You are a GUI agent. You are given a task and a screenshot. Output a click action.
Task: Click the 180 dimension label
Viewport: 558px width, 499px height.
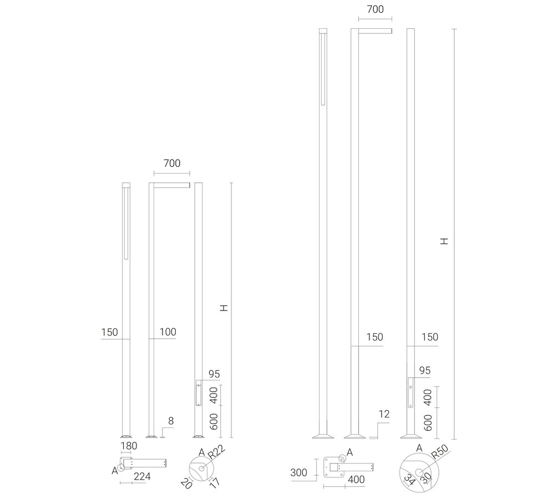pyautogui.click(x=129, y=446)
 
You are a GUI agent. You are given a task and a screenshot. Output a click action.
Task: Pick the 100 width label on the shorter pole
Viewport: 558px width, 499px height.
pyautogui.click(x=168, y=332)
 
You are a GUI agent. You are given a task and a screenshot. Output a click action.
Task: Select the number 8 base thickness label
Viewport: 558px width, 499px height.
pyautogui.click(x=171, y=421)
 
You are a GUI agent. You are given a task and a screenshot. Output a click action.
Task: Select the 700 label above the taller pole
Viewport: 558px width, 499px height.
pyautogui.click(x=374, y=9)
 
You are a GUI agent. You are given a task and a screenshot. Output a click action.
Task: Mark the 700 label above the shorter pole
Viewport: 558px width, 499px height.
pyautogui.click(x=172, y=164)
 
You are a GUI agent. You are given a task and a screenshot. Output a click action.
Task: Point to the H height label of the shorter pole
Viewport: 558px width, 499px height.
pyautogui.click(x=223, y=308)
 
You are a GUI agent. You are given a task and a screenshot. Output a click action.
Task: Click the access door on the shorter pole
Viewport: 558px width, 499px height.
pyautogui.click(x=198, y=393)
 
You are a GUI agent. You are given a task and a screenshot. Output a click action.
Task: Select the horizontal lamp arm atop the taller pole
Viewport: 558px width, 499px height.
pyautogui.click(x=375, y=30)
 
